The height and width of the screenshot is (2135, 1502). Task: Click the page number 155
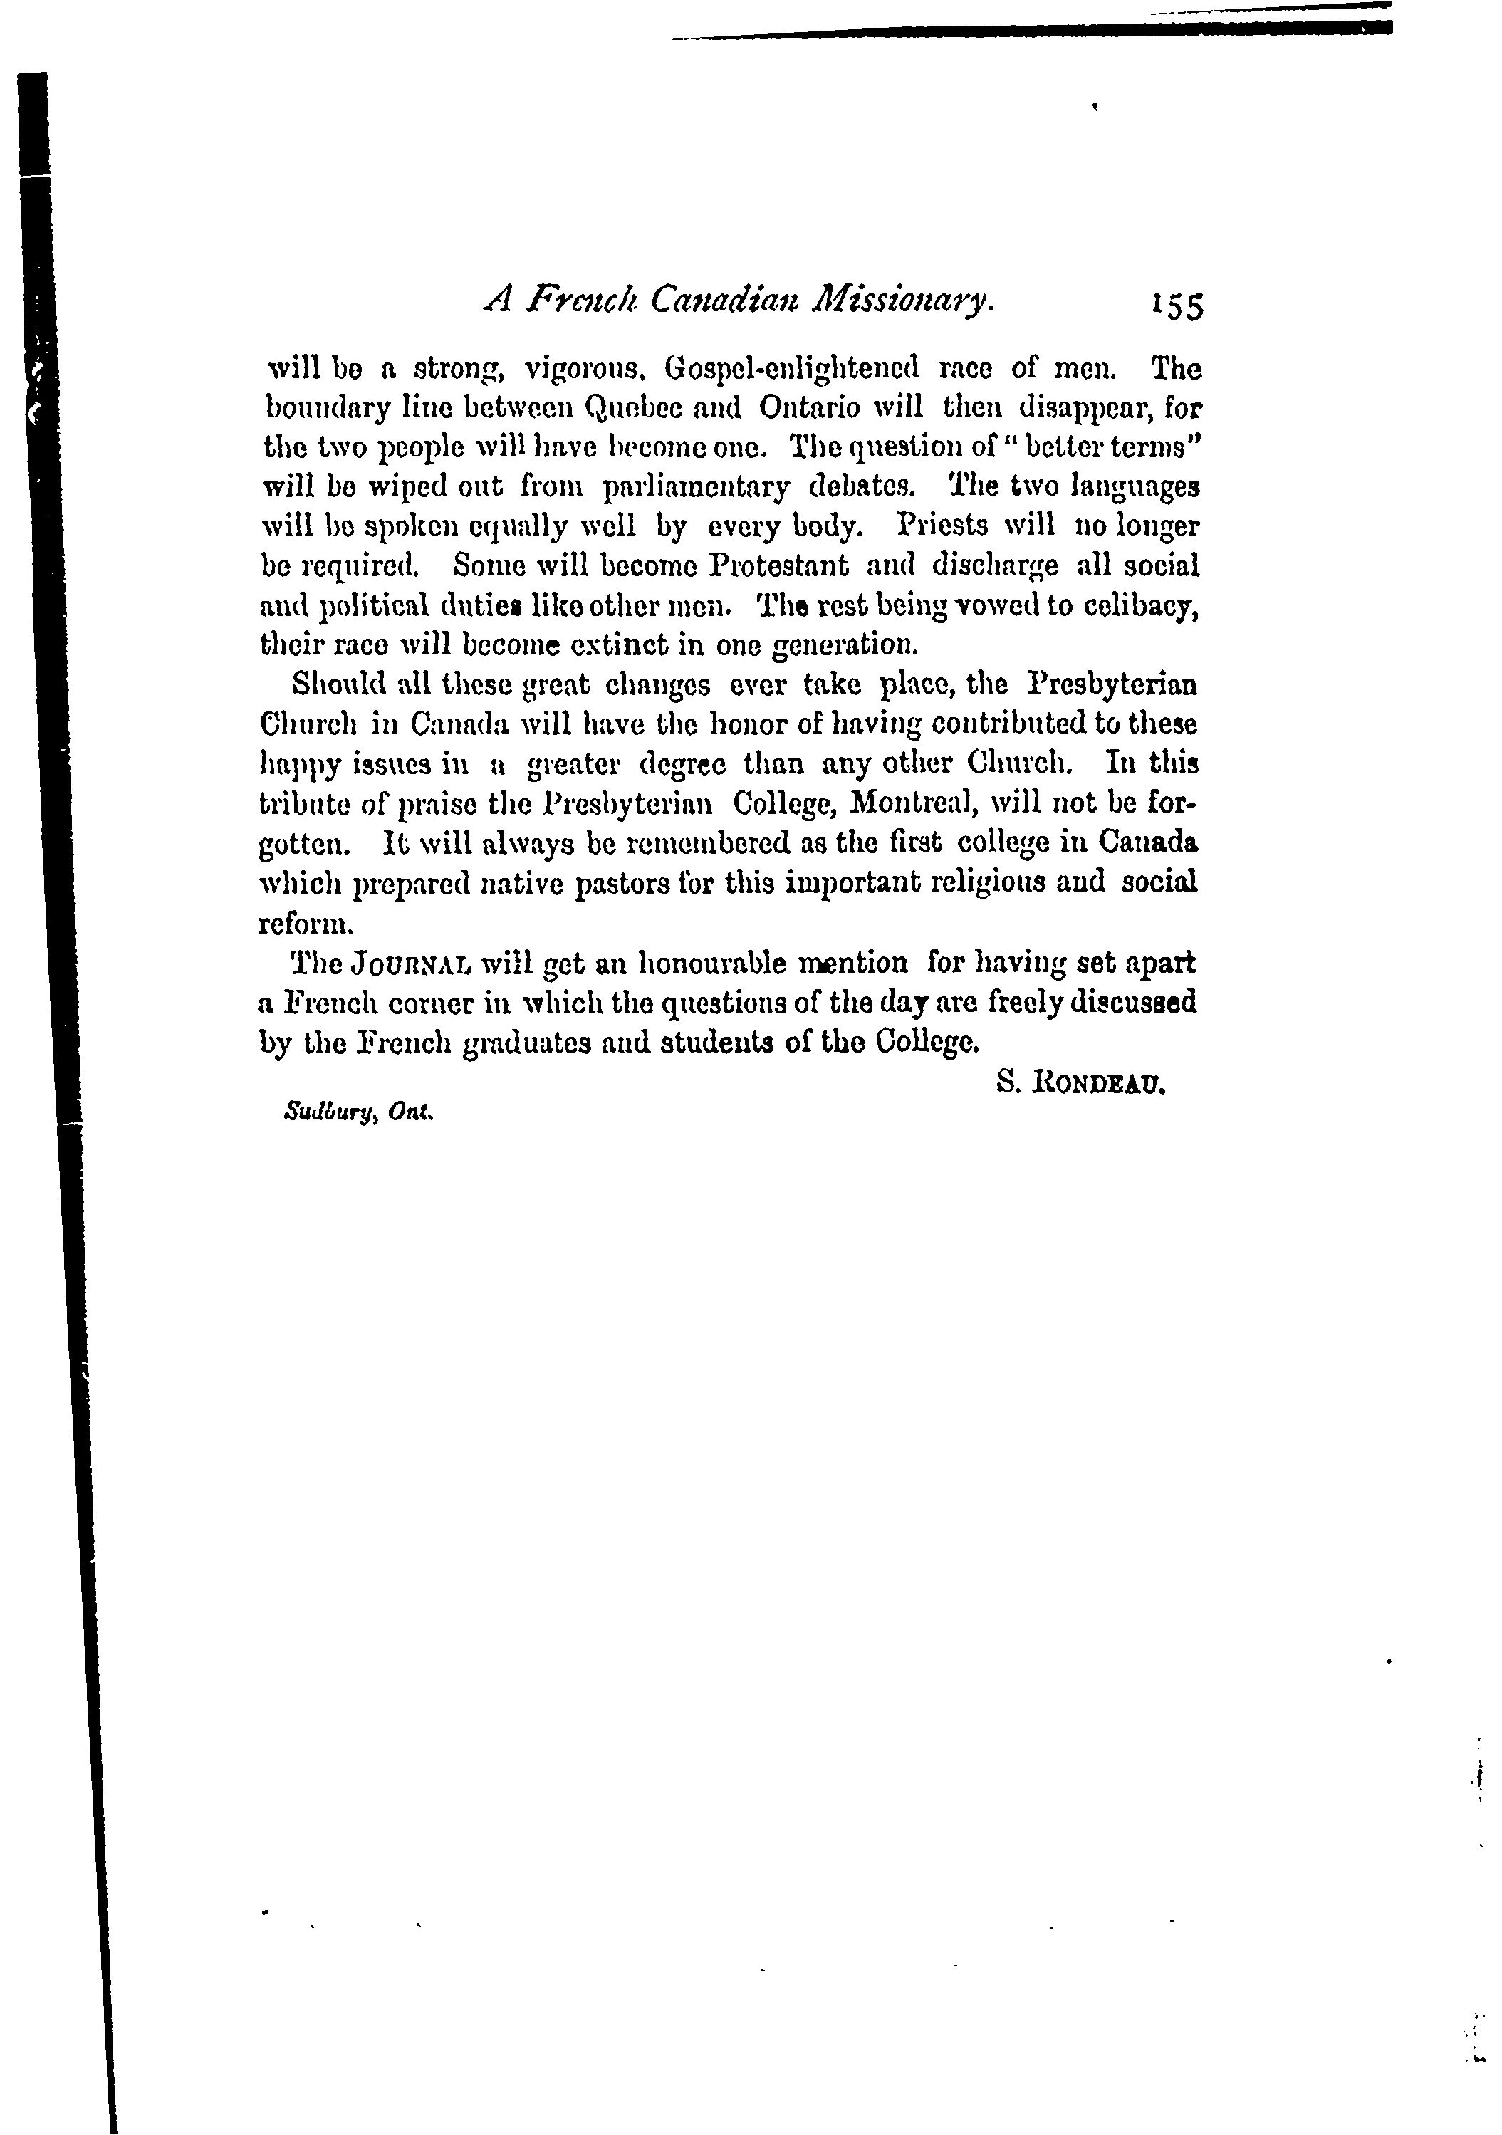tap(1177, 306)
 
